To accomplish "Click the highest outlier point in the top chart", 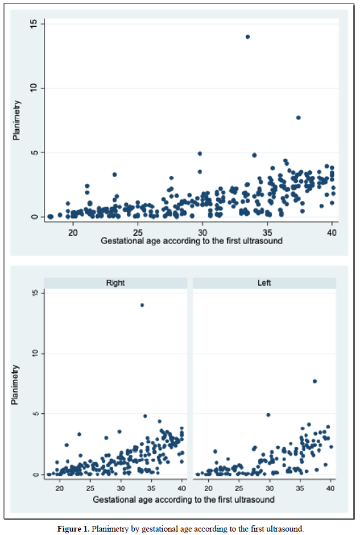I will (x=247, y=37).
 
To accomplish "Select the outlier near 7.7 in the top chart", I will (x=298, y=118).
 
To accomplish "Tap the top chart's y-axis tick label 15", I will (x=34, y=23).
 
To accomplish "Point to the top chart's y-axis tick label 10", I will (x=34, y=88).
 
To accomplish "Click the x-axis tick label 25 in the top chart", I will (x=138, y=232).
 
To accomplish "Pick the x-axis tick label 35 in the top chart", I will (x=267, y=232).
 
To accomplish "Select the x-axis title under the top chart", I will (x=192, y=241).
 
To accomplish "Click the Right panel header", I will (x=115, y=282).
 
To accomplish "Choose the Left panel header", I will (x=264, y=282).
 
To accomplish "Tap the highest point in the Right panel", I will (x=142, y=305).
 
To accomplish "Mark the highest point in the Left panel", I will (x=315, y=381).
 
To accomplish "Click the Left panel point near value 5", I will (x=268, y=415).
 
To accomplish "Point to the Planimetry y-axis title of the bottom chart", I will (x=16, y=385).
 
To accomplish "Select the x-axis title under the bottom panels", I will (x=192, y=499).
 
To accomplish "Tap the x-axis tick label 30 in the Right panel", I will (x=121, y=488).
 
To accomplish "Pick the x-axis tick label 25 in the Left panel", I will (x=239, y=488).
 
